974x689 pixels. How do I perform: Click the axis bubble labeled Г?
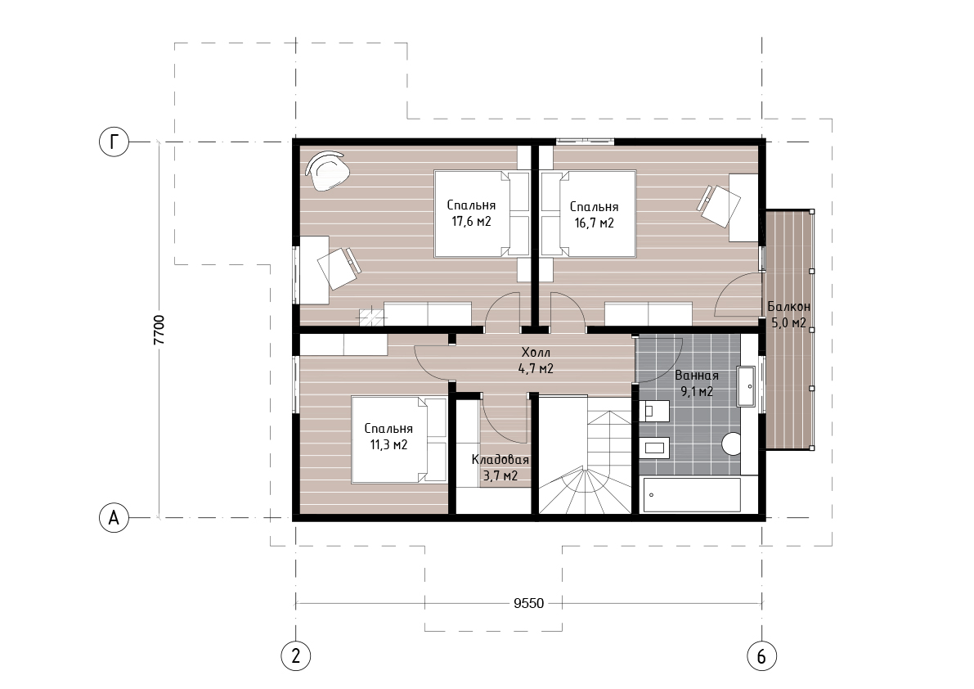114,142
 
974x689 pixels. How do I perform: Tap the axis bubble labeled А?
114,517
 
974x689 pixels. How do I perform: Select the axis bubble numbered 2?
296,655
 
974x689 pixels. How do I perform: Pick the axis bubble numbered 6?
761,655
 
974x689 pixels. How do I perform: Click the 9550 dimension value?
528,603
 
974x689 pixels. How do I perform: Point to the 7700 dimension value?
159,330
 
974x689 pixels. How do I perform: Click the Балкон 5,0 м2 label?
788,314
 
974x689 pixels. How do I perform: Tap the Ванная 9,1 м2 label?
696,383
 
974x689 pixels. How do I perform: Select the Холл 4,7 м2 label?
536,360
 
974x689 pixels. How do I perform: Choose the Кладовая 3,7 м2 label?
500,468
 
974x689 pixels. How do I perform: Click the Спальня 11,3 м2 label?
388,437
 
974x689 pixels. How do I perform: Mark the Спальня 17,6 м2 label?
471,213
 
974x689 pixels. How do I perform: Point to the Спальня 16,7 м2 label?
594,215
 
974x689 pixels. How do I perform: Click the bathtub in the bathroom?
692,494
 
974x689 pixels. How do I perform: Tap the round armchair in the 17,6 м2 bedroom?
328,171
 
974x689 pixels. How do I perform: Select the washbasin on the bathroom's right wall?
746,386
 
